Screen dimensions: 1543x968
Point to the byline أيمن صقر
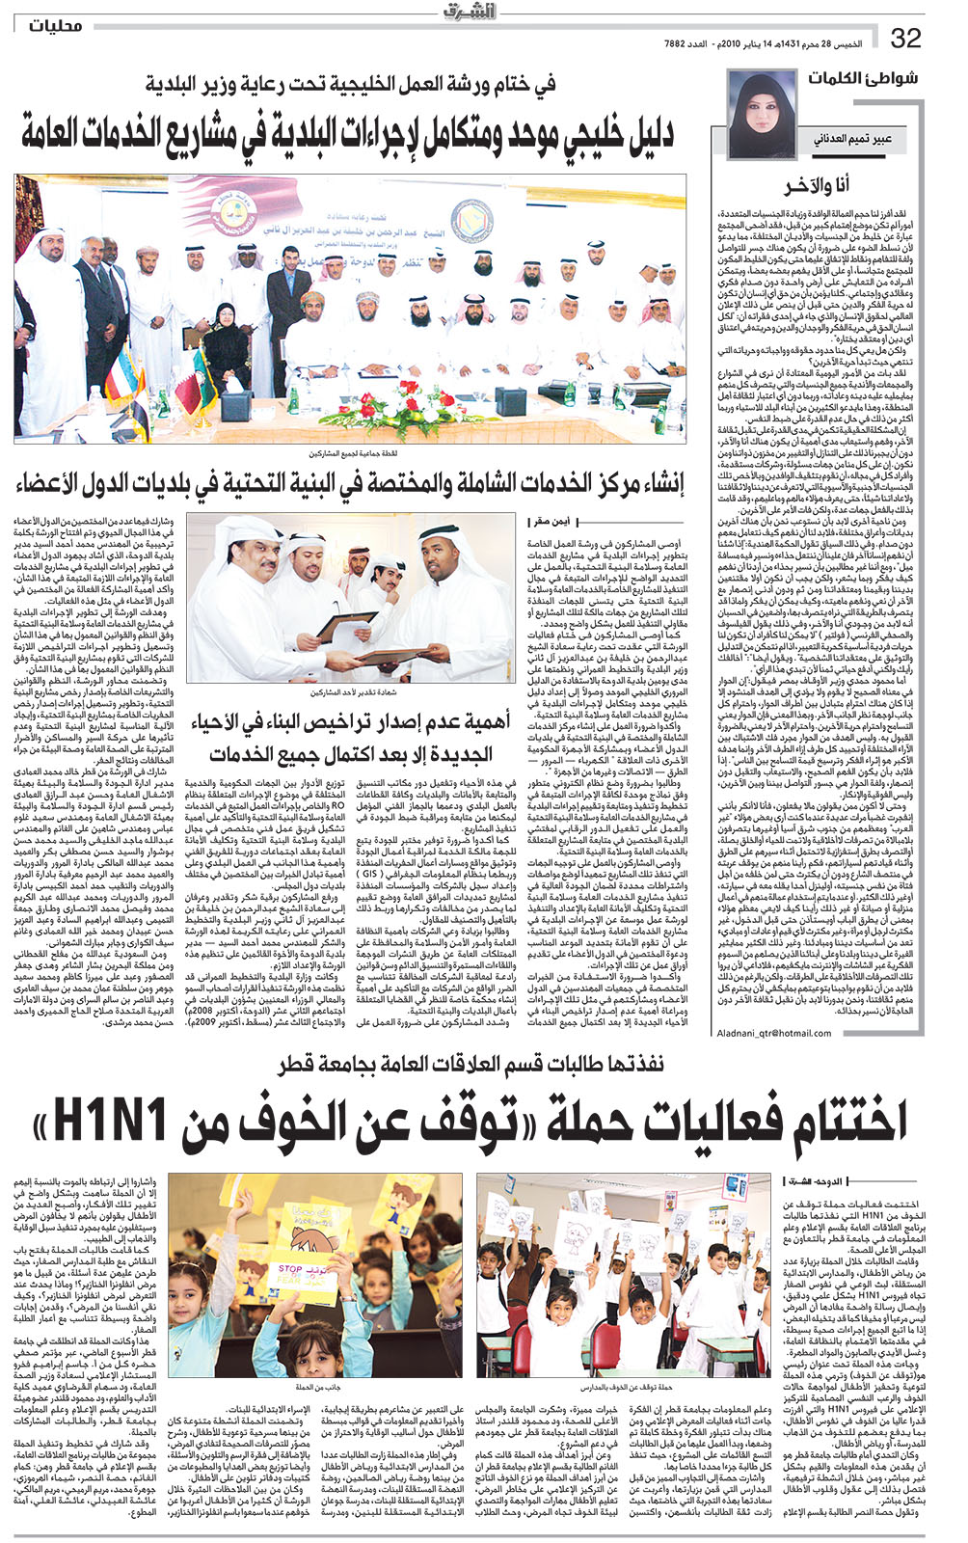(552, 522)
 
